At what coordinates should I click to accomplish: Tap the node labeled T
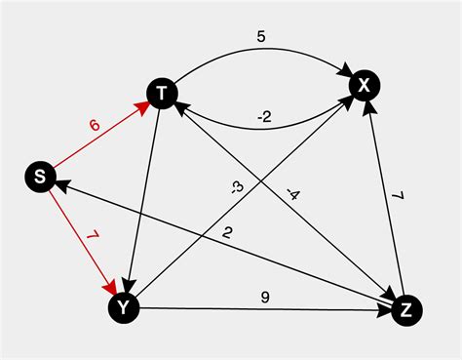(x=162, y=93)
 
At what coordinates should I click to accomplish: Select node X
(x=364, y=86)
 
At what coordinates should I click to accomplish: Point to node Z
(x=406, y=309)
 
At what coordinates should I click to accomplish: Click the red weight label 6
(x=94, y=126)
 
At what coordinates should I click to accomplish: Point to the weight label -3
(x=237, y=187)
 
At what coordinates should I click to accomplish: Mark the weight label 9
(x=264, y=297)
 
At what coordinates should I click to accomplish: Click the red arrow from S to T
(x=97, y=136)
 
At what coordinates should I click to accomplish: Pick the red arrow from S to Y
(x=80, y=238)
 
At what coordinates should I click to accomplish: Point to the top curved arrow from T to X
(x=263, y=53)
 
